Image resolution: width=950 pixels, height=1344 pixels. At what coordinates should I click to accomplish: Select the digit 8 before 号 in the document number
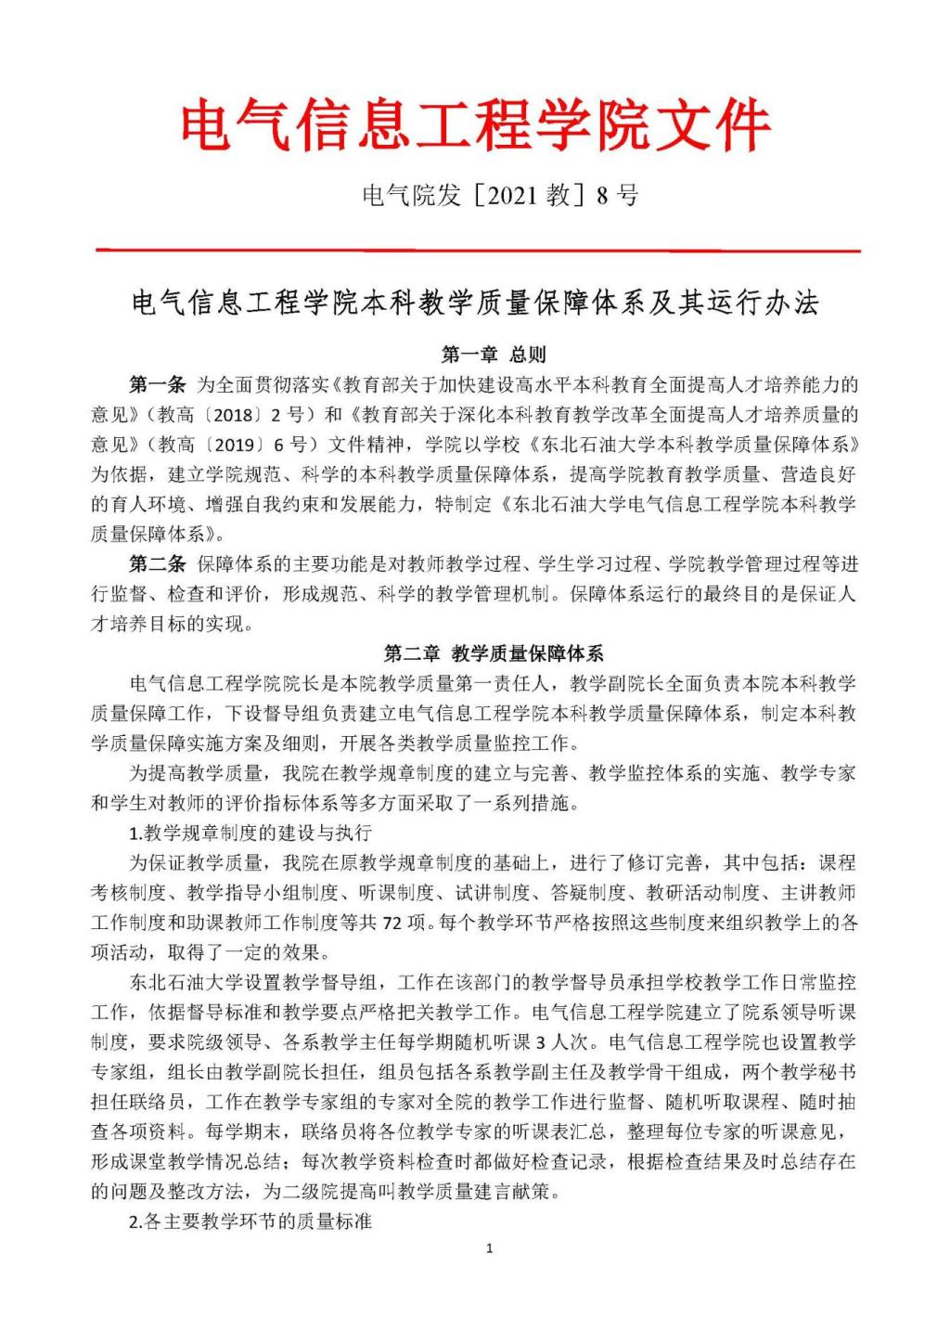point(601,196)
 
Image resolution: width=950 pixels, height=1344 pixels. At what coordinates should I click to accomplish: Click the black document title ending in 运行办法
point(475,304)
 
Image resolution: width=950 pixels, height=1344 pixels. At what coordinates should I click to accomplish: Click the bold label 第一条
point(158,384)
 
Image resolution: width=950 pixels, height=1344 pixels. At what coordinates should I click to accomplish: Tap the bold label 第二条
point(158,564)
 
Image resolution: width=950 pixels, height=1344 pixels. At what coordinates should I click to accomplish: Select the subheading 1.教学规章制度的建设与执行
point(250,833)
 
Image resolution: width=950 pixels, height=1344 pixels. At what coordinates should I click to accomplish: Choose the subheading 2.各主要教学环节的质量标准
point(250,1221)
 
